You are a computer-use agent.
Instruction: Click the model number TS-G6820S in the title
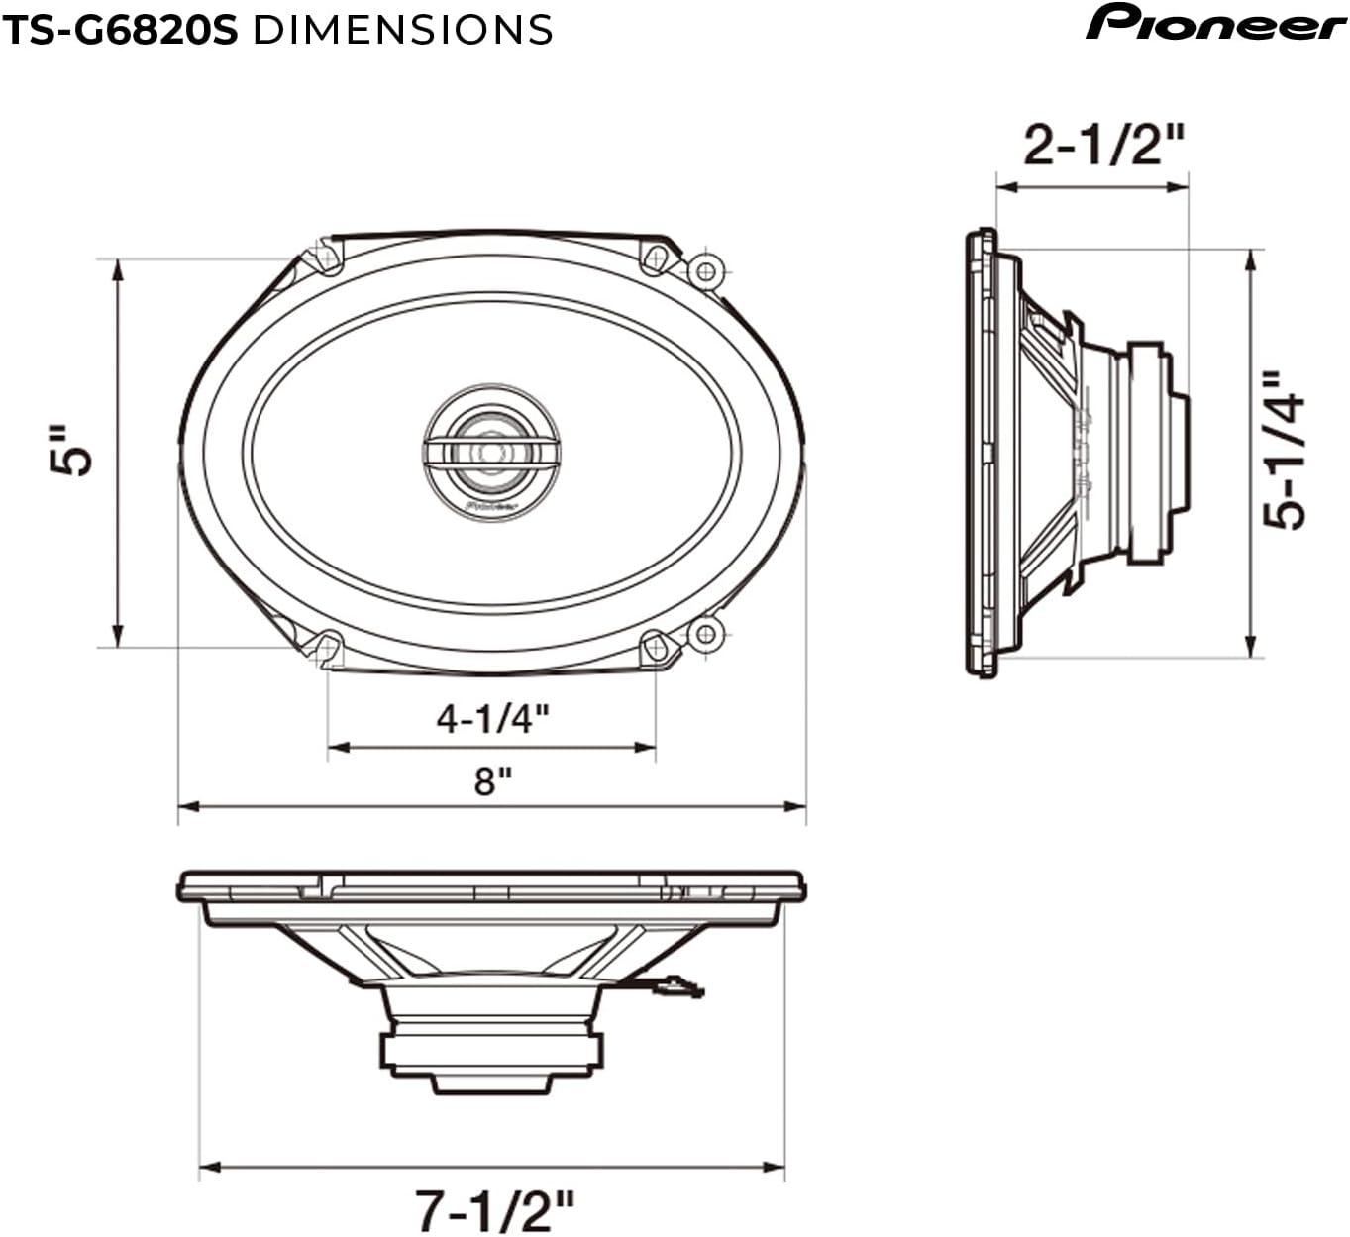[x=119, y=30]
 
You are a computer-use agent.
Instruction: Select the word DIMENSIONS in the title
[x=402, y=30]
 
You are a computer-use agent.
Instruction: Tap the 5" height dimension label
[x=72, y=451]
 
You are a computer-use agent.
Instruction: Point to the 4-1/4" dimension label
[x=492, y=717]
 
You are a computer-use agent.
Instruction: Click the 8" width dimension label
[x=492, y=780]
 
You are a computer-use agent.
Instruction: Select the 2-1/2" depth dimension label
[x=1103, y=147]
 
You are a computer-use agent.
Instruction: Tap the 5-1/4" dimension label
[x=1286, y=451]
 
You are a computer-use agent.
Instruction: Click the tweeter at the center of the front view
[x=491, y=452]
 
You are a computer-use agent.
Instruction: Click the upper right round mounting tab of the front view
[x=705, y=270]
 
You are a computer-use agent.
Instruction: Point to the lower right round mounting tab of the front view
[x=705, y=633]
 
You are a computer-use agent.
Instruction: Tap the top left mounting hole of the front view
[x=326, y=258]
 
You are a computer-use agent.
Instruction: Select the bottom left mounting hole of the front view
[x=326, y=647]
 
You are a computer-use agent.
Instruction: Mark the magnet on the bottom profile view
[x=491, y=1051]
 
